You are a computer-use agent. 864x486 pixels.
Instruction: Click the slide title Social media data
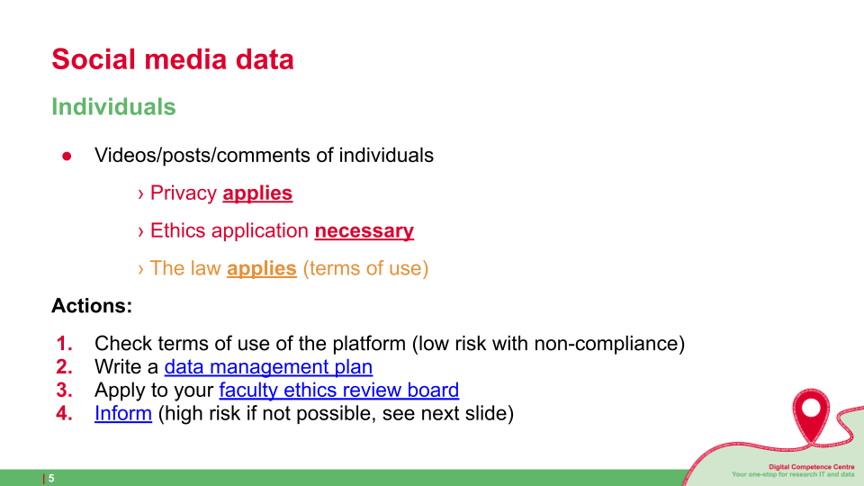[x=173, y=59]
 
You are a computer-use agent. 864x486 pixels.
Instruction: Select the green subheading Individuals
[x=113, y=107]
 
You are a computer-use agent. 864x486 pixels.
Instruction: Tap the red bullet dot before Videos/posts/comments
[x=67, y=157]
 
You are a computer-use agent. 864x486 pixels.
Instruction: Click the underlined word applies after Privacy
[x=257, y=193]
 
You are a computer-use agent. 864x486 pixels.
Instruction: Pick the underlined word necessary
[x=364, y=231]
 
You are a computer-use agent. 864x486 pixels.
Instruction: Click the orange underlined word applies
[x=262, y=268]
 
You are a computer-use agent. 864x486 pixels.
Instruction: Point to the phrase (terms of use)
[x=365, y=268]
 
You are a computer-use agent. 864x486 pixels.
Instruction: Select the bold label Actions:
[x=92, y=306]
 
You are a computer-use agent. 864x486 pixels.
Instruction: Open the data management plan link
[x=268, y=367]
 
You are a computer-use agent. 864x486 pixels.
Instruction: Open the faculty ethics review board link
[x=339, y=390]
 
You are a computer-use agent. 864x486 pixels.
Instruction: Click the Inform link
[x=123, y=413]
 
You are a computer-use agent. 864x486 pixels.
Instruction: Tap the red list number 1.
[x=65, y=343]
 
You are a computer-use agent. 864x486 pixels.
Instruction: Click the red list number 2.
[x=65, y=367]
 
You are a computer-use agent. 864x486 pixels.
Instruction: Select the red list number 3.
[x=65, y=390]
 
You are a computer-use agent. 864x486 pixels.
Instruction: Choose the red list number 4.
[x=65, y=413]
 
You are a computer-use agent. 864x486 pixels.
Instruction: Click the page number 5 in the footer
[x=51, y=478]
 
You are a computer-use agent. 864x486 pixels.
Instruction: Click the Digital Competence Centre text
[x=811, y=467]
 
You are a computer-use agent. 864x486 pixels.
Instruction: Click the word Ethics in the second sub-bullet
[x=178, y=231]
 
